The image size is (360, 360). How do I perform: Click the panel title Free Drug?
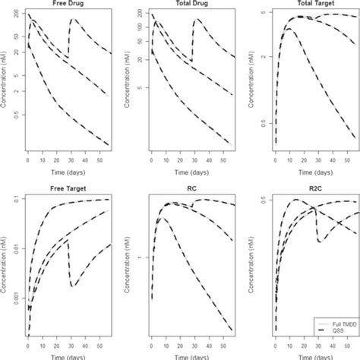coord(67,5)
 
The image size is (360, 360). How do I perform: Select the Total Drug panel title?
coord(190,5)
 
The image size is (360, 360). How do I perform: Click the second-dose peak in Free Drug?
coord(72,20)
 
